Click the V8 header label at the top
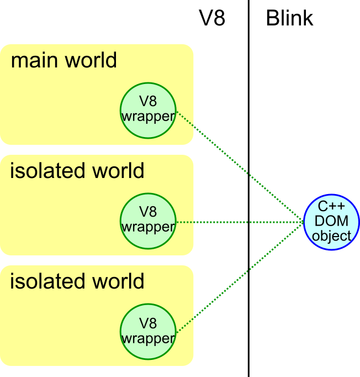point(212,18)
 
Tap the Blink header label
point(289,18)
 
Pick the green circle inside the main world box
point(148,110)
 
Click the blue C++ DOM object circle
point(332,223)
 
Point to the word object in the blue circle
point(332,236)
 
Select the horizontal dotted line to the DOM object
point(237,223)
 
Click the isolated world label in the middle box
point(77,171)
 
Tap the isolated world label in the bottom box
point(77,281)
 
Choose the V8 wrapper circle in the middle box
point(148,221)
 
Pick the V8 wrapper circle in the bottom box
point(148,331)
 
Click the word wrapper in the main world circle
point(148,117)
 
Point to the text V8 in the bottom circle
point(148,324)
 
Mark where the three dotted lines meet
point(304,223)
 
